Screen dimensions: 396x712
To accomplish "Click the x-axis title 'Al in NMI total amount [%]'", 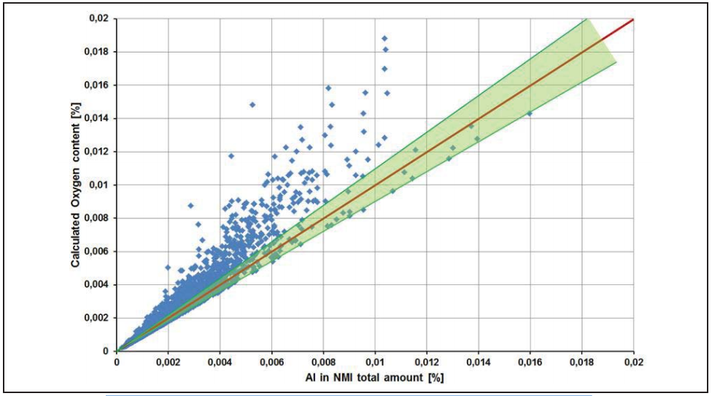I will pyautogui.click(x=376, y=378).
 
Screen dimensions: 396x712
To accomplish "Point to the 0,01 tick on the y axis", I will pyautogui.click(x=103, y=185).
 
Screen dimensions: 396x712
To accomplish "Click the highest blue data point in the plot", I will pyautogui.click(x=384, y=38).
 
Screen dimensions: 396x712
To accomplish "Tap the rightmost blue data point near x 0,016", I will pyautogui.click(x=530, y=113).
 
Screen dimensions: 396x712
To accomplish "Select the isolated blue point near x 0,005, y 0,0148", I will pyautogui.click(x=252, y=104).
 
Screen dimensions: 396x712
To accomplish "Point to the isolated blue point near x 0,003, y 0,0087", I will pyautogui.click(x=191, y=205).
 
